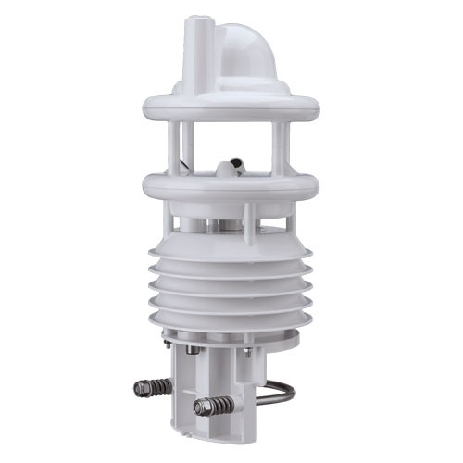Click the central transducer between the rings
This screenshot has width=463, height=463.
(x=231, y=168)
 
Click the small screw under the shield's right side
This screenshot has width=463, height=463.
(x=247, y=351)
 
